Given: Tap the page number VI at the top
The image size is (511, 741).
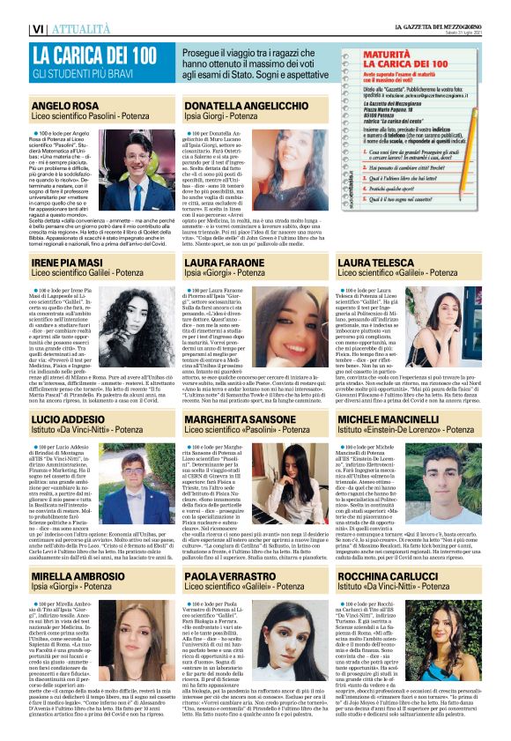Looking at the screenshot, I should coord(38,29).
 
